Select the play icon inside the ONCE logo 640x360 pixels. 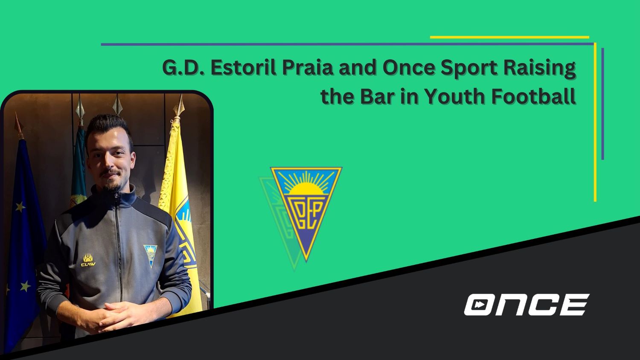point(480,305)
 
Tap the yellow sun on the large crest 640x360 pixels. point(306,187)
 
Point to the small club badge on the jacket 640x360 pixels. point(150,255)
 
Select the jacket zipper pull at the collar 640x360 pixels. point(115,197)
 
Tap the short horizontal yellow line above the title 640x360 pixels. point(509,37)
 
